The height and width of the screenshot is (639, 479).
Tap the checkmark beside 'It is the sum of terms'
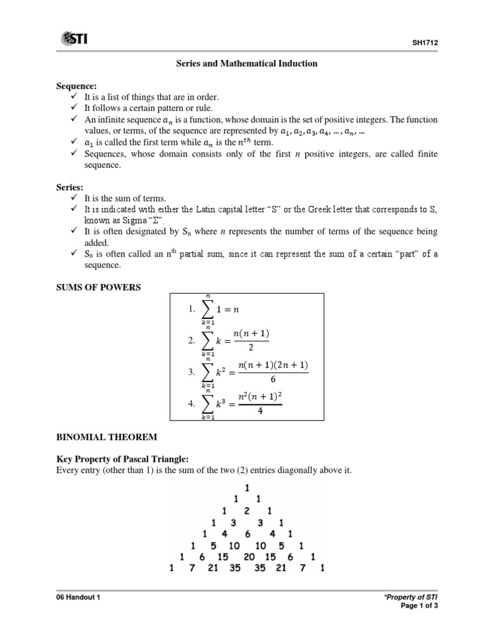(74, 197)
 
